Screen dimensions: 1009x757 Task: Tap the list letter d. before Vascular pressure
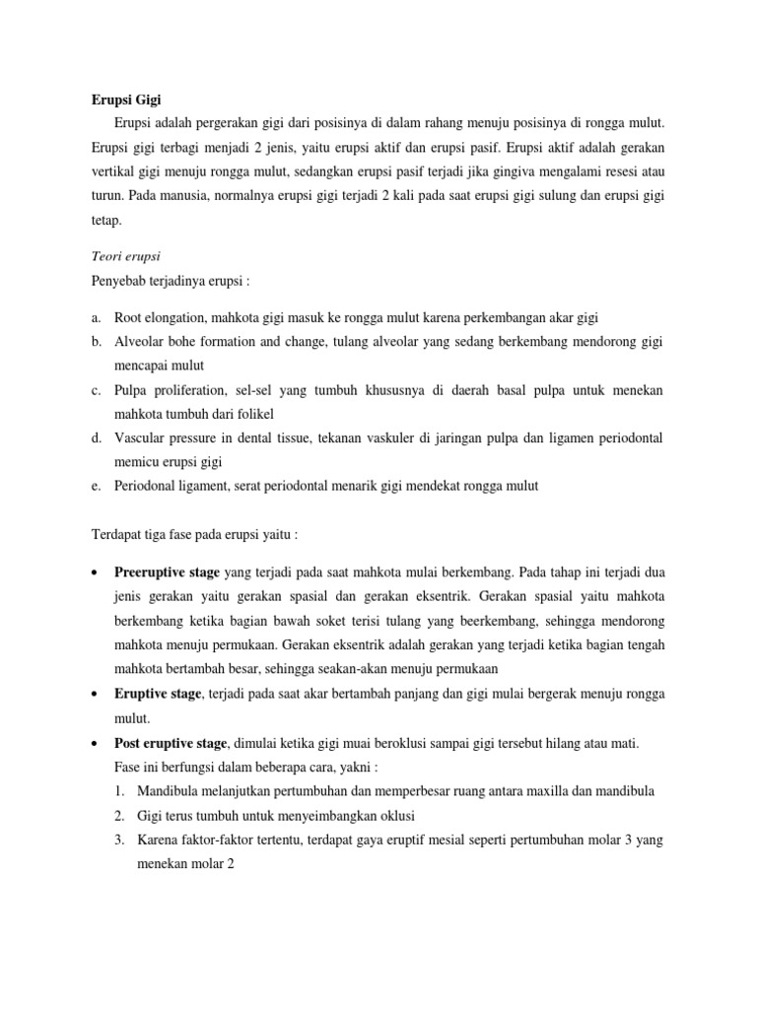[96, 437]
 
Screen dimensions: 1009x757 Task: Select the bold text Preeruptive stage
[167, 572]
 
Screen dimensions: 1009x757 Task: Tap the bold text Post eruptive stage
[172, 743]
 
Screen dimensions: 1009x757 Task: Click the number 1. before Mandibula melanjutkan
[118, 791]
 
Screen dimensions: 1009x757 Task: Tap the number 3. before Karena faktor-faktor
[118, 840]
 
